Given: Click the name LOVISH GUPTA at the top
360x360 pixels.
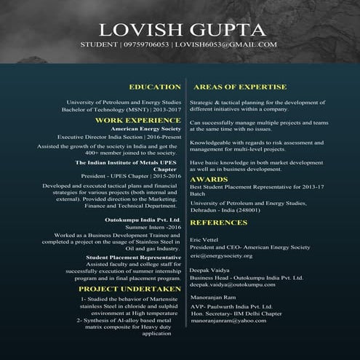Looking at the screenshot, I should coord(183,30).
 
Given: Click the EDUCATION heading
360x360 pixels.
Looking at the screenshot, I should coord(154,87).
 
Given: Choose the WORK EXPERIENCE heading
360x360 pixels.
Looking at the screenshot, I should coord(138,120).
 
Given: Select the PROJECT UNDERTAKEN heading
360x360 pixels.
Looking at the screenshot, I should coord(129,289).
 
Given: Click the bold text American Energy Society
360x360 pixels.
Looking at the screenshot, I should coord(145,129).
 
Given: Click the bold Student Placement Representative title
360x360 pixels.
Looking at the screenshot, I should coord(133,257).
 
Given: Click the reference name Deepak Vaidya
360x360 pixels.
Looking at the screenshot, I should coord(209,269).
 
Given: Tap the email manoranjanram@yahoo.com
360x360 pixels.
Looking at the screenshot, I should coord(228,320).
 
